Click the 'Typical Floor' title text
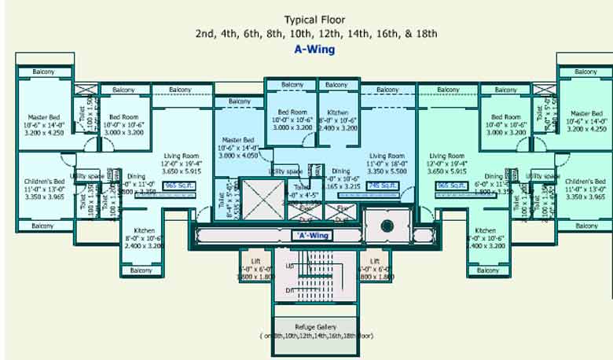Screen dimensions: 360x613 (x=315, y=20)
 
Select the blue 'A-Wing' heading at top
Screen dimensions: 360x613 (x=314, y=49)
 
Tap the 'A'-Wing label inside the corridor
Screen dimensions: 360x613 (x=310, y=234)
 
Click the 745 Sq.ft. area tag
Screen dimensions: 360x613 (x=383, y=186)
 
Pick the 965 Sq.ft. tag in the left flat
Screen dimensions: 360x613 (x=178, y=186)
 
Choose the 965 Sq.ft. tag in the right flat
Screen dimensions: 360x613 (x=451, y=186)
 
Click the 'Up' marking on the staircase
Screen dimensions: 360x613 (x=289, y=266)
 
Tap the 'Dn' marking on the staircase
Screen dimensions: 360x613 (x=289, y=291)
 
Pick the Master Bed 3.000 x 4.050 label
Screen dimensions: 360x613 (x=237, y=148)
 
